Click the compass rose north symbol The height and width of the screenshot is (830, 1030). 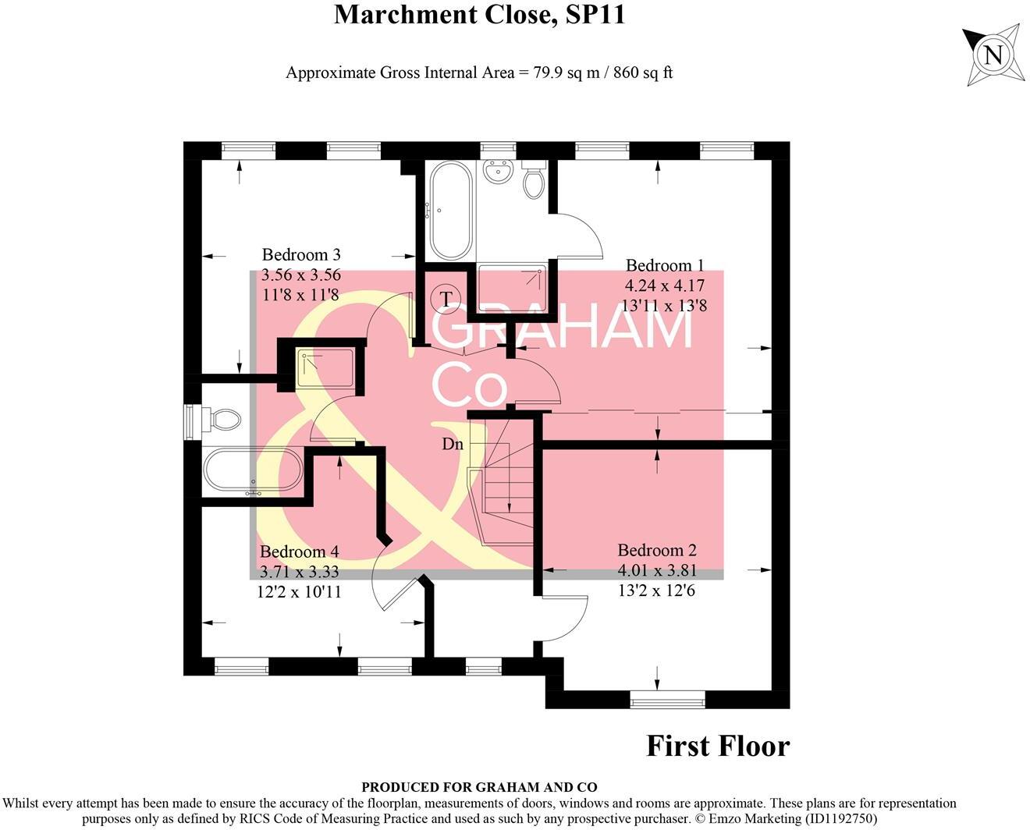(x=993, y=55)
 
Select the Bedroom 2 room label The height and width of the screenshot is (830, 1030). (x=657, y=551)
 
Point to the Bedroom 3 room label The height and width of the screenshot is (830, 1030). (x=301, y=255)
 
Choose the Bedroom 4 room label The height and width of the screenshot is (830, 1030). (x=299, y=552)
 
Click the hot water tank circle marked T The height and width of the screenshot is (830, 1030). (x=446, y=299)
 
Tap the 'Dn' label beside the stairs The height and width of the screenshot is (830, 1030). (x=453, y=444)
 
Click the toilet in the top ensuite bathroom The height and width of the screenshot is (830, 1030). (x=535, y=182)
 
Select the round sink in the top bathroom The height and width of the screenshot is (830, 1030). (x=497, y=172)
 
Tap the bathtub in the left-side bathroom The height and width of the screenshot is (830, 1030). (x=252, y=472)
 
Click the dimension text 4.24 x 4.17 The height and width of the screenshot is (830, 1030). (x=665, y=286)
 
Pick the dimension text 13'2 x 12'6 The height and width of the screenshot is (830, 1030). (x=657, y=591)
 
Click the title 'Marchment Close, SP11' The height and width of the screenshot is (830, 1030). (x=479, y=15)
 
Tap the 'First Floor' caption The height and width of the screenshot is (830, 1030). (x=718, y=746)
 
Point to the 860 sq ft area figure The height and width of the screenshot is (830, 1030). (x=643, y=73)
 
